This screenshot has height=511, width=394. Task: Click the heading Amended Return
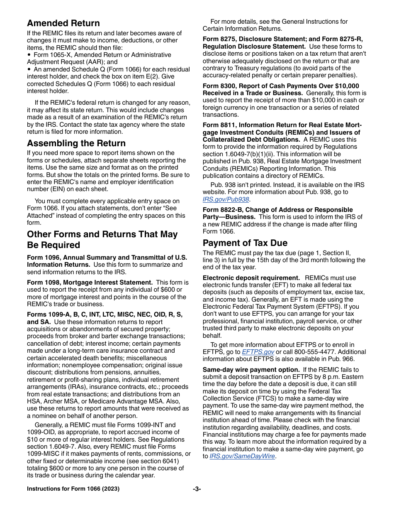coord(63,23)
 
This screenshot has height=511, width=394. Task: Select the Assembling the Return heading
coord(76,143)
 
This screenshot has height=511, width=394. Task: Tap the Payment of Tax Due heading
coord(245,243)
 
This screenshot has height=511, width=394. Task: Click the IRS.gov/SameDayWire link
coord(242,456)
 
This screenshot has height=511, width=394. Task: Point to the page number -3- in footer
coord(197,489)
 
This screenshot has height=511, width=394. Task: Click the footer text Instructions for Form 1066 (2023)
coord(73,489)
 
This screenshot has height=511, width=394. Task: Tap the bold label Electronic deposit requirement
coord(251,278)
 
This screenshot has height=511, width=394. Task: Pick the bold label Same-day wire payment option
coord(251,370)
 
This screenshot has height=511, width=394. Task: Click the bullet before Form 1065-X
coord(29,55)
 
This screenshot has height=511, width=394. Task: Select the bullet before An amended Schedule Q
coord(29,69)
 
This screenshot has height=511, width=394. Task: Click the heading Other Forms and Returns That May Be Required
coord(102,240)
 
